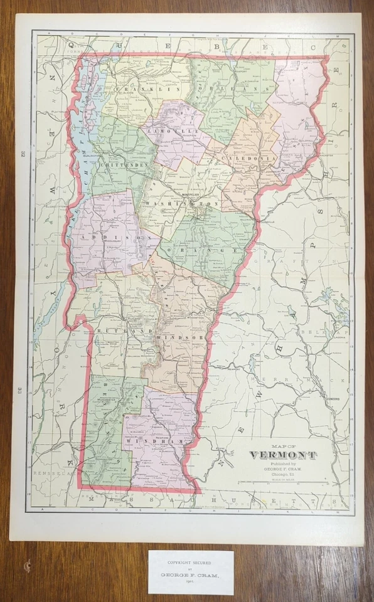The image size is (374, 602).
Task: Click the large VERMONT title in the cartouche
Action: pyautogui.click(x=284, y=455)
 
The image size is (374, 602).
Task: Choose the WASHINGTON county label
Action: pyautogui.click(x=181, y=204)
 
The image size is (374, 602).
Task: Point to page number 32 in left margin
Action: pyautogui.click(x=21, y=154)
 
